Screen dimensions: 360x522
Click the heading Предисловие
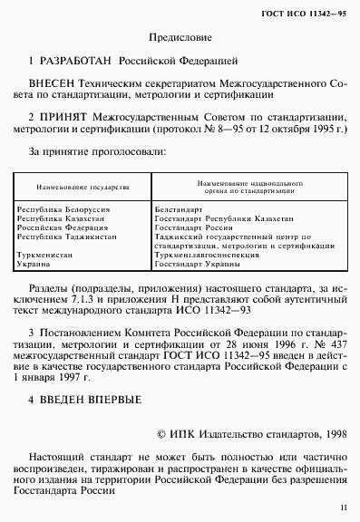pyautogui.click(x=180, y=39)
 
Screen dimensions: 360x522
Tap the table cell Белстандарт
pyautogui.click(x=179, y=209)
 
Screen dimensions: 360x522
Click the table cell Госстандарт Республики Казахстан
pyautogui.click(x=211, y=217)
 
